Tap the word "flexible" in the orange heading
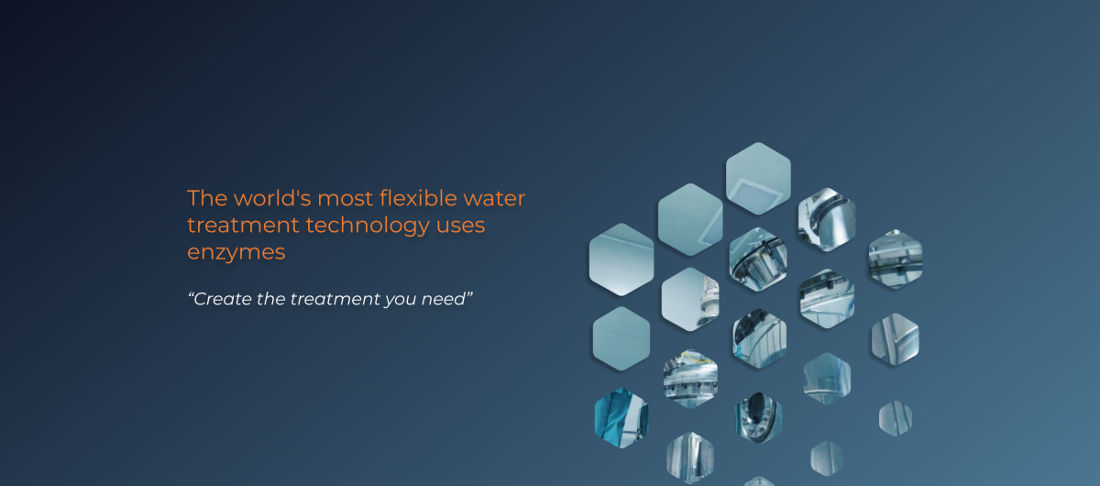click(x=418, y=198)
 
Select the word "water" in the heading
click(x=494, y=199)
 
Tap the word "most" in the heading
click(x=346, y=199)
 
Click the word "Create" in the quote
click(x=223, y=299)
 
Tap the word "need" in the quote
click(x=444, y=299)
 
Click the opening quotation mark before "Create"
click(x=191, y=295)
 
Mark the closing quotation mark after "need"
click(x=469, y=295)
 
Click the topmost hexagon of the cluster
click(x=758, y=179)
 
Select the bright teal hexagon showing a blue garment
click(x=621, y=418)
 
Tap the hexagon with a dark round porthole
click(x=759, y=418)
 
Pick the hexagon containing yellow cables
click(x=690, y=379)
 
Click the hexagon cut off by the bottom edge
click(x=759, y=481)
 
